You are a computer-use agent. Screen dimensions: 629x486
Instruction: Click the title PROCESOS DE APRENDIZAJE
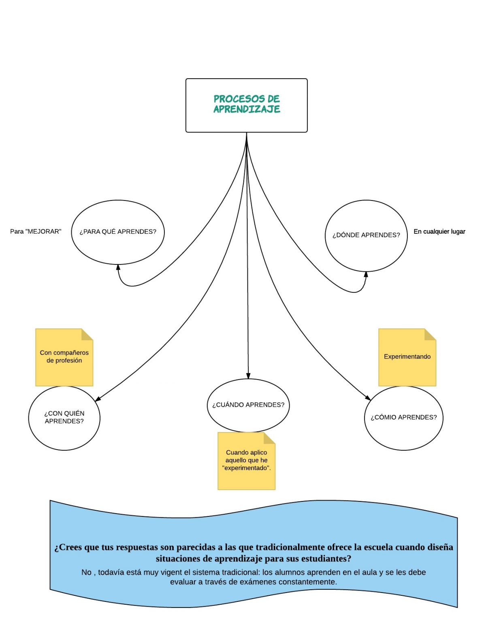[246, 104]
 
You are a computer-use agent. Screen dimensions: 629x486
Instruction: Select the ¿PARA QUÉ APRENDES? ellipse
[117, 232]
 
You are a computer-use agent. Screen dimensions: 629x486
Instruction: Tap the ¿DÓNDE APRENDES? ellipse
[366, 235]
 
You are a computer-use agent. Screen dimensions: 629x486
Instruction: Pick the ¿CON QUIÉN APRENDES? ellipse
[64, 418]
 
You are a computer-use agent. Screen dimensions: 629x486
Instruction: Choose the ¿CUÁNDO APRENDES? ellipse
[248, 405]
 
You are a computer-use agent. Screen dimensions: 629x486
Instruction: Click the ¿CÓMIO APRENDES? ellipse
[403, 418]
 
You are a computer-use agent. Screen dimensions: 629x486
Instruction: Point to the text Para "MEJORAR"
[36, 232]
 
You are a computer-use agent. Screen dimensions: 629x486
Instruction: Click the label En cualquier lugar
[439, 232]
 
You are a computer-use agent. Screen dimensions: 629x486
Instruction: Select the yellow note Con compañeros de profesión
[64, 357]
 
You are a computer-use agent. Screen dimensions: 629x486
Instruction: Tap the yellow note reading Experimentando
[407, 357]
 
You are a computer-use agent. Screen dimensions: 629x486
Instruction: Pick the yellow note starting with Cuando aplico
[246, 461]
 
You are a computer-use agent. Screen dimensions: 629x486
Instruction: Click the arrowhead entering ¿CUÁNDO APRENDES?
[248, 375]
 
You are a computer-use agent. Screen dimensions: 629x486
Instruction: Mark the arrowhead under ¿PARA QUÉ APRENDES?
[118, 268]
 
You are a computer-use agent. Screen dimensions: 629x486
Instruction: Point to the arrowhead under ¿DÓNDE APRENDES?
[366, 275]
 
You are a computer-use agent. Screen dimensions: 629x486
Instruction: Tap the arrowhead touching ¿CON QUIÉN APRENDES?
[98, 399]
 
